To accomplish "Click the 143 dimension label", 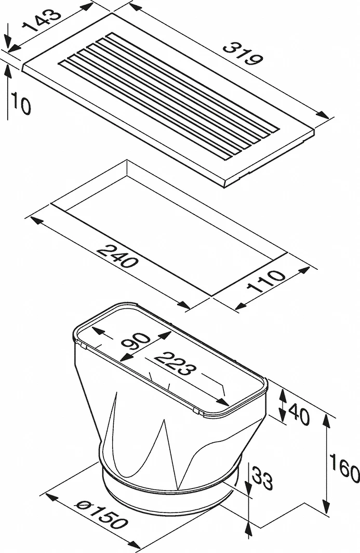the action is point(41,20).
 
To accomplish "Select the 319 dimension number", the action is point(243,54).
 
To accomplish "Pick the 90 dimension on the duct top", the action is point(135,342).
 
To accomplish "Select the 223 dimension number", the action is point(175,364).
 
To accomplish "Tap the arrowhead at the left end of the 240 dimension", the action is point(37,221).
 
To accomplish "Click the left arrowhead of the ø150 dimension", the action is point(52,497).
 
